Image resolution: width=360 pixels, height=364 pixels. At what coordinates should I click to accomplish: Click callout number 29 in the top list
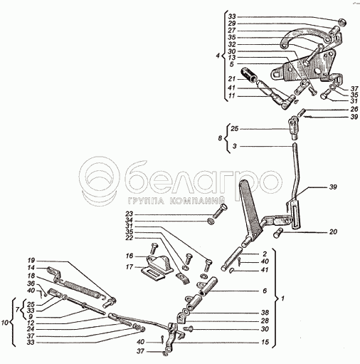pos(232,24)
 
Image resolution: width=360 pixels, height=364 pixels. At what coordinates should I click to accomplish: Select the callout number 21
pos(232,79)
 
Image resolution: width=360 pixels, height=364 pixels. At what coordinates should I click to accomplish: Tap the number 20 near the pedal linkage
pos(333,232)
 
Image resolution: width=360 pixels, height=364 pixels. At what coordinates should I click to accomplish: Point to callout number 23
pos(129,214)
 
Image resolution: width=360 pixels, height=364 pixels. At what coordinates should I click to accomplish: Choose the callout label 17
pos(129,267)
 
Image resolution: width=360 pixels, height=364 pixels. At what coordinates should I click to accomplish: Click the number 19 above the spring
pos(31,260)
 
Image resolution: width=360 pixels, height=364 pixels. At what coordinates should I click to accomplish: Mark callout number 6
pos(265,291)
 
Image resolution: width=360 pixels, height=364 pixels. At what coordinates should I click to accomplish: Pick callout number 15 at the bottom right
pos(265,342)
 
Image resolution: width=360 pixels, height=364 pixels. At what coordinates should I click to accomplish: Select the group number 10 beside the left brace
pos(6,323)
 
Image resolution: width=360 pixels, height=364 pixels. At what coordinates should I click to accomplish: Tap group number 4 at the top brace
pos(218,56)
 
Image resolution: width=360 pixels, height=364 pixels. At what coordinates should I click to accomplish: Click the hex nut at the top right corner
pos(342,22)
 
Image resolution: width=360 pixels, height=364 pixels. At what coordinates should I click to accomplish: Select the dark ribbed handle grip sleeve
pos(248,76)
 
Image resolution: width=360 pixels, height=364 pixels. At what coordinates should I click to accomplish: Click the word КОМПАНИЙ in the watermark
pos(197,201)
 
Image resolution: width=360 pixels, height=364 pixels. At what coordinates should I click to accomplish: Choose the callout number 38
pos(265,313)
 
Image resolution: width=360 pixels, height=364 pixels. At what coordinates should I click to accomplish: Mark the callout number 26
pos(354,110)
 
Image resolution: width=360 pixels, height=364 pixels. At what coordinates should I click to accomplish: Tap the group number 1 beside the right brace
pos(282,298)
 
